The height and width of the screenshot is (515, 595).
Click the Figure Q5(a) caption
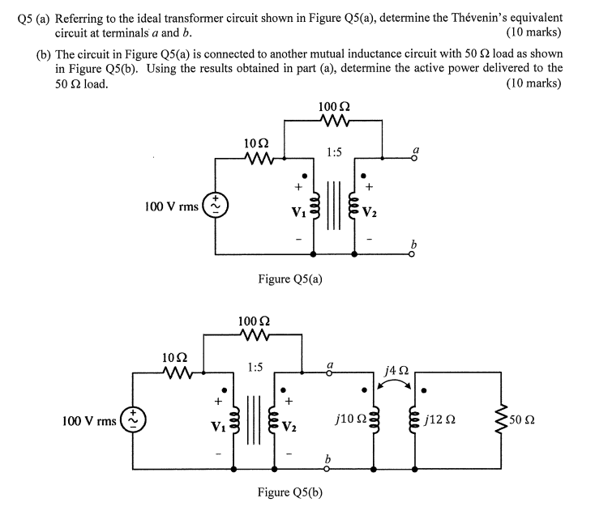pyautogui.click(x=290, y=279)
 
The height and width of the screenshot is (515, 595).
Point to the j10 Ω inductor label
pyautogui.click(x=347, y=421)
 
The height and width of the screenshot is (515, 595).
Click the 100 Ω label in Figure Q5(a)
pyautogui.click(x=333, y=106)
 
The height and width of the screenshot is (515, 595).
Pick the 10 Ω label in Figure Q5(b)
pyautogui.click(x=175, y=357)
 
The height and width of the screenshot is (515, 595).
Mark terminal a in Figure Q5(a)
pyautogui.click(x=417, y=151)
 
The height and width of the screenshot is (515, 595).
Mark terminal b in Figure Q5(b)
pyautogui.click(x=328, y=460)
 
